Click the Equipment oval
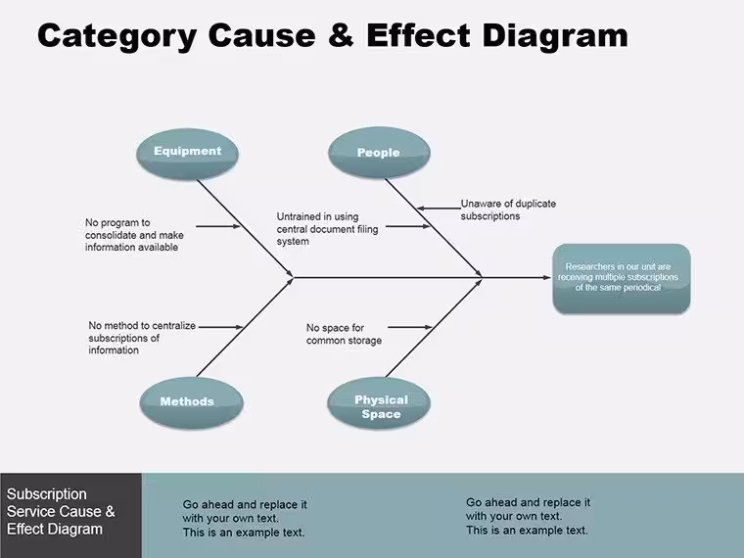tap(187, 154)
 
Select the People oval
tap(379, 153)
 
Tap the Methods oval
tap(191, 402)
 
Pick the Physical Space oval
tap(379, 403)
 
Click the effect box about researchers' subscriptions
tap(622, 279)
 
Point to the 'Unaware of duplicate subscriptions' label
tap(508, 209)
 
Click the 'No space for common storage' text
tap(344, 334)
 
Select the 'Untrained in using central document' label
tap(327, 229)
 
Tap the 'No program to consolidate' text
tap(134, 235)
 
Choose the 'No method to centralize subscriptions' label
tap(142, 338)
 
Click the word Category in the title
tap(116, 36)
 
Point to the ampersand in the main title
tap(341, 35)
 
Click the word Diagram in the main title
tap(555, 36)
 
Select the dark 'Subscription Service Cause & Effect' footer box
tap(70, 515)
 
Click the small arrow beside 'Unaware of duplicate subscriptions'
tap(439, 209)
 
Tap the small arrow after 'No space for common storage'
tap(410, 327)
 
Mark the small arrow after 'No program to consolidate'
tap(218, 226)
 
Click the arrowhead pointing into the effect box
tap(547, 278)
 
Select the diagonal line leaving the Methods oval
tap(245, 328)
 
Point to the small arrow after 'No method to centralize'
tap(220, 327)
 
